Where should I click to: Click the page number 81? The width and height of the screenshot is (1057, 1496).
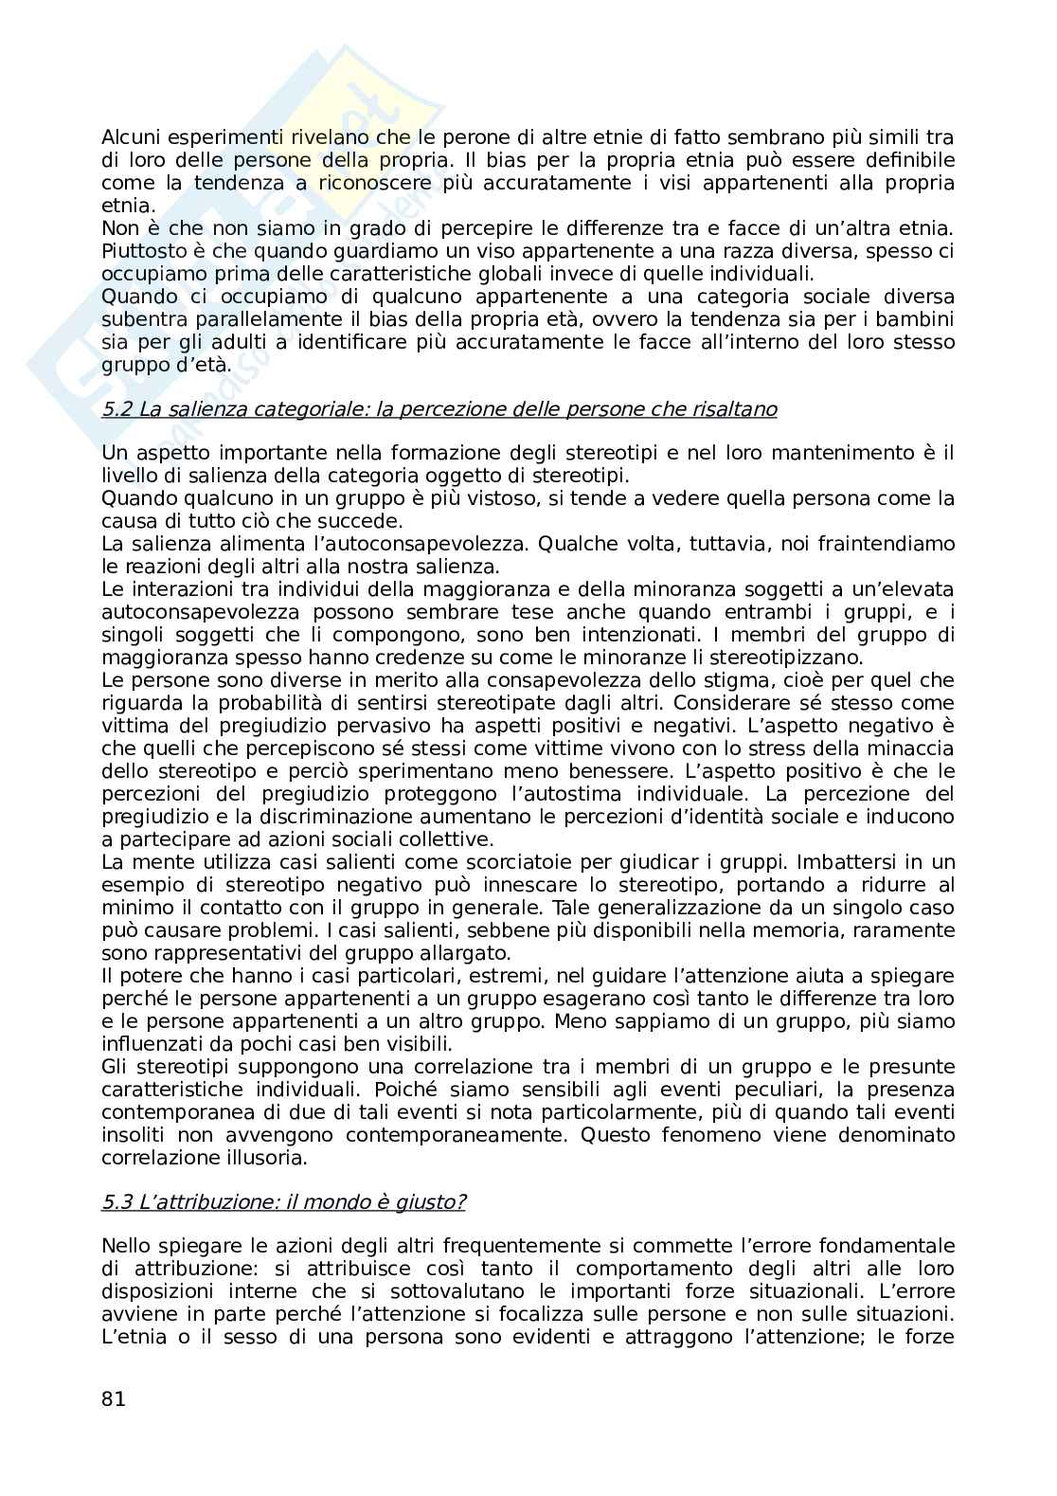(113, 1398)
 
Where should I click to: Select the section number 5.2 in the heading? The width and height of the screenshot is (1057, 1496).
(117, 409)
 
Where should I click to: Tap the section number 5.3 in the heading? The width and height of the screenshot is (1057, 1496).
(117, 1202)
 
